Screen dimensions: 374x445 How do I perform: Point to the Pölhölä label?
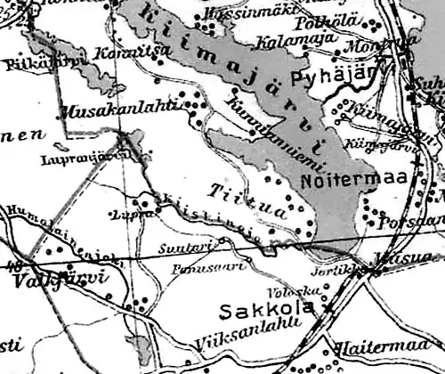pyautogui.click(x=331, y=20)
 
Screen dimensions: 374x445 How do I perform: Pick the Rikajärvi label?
pyautogui.click(x=30, y=62)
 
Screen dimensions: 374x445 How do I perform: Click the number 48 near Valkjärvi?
pyautogui.click(x=14, y=264)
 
